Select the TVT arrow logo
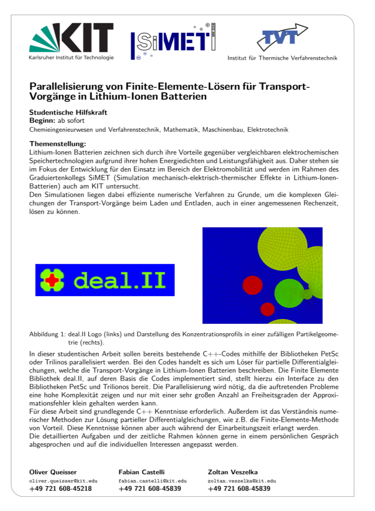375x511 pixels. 282,37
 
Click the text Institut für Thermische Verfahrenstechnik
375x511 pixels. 282,58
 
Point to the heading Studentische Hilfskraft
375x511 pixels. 68,113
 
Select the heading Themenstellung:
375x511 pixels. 58,144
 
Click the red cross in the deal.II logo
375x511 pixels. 52,280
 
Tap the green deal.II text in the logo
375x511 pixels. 121,280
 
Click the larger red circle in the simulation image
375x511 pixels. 252,284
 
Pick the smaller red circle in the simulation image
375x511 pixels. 267,310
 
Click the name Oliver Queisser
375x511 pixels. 53,472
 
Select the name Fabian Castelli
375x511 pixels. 141,472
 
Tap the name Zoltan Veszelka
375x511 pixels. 233,472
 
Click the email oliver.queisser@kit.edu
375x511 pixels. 64,480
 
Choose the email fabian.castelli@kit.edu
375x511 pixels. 152,480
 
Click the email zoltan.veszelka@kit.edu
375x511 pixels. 242,480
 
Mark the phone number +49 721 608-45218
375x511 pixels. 61,489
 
